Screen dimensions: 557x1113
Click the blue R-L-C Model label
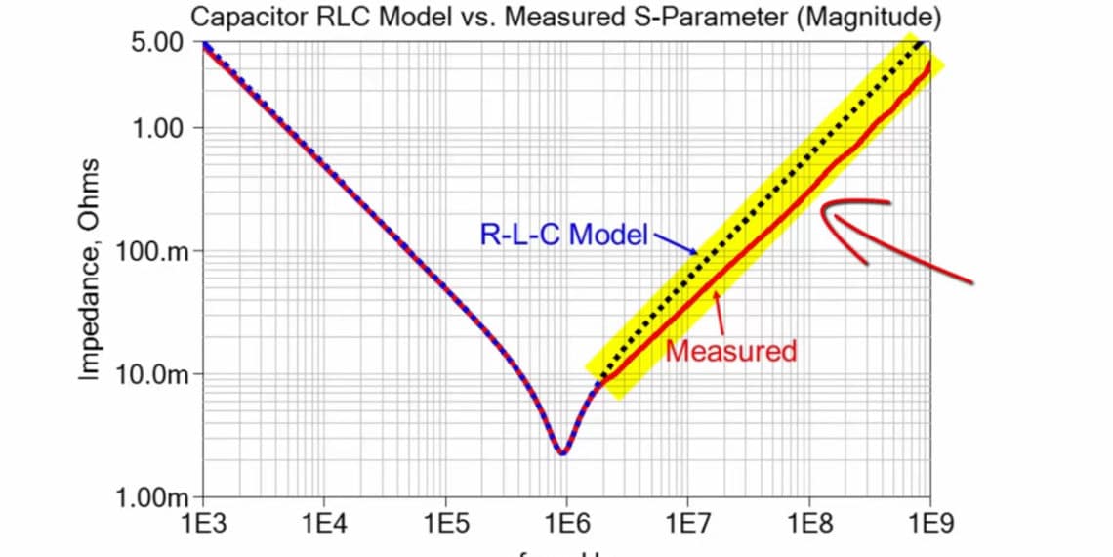coord(563,235)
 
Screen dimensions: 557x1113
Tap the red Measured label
coord(731,350)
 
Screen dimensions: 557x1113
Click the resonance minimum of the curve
coord(562,452)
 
